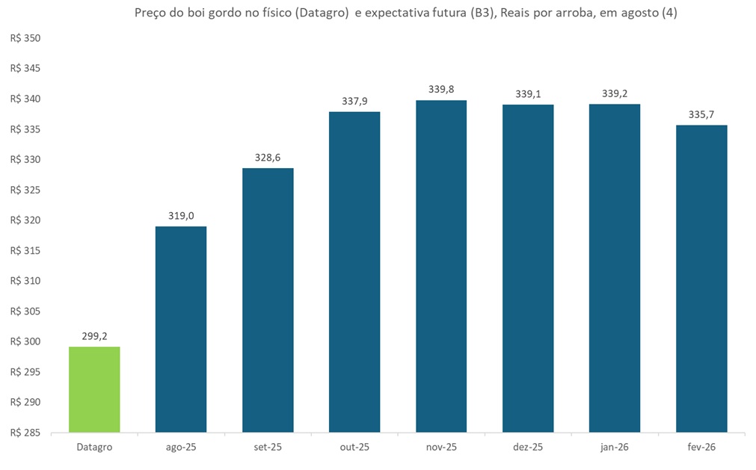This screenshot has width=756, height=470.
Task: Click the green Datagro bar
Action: [94, 389]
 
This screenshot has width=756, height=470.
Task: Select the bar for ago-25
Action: [181, 329]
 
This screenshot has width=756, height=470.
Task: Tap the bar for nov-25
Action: [441, 266]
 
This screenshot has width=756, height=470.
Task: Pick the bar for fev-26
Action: [701, 278]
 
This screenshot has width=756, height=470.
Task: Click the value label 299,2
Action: [94, 336]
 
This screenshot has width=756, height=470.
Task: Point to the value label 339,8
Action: [441, 90]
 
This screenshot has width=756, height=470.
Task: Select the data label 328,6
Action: [268, 158]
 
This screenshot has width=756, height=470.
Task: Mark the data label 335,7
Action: [701, 114]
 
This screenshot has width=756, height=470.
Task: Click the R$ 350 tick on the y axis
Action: [25, 38]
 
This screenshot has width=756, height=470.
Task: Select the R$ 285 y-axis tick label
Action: [25, 433]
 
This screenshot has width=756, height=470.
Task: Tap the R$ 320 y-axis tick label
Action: [25, 220]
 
